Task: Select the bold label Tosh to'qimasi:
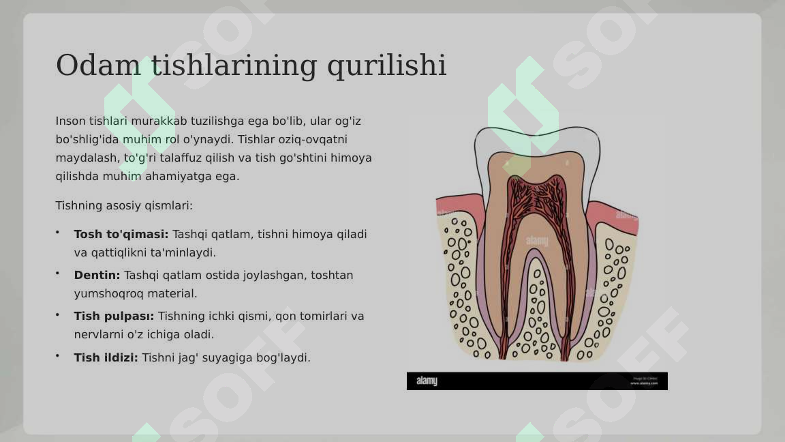click(121, 234)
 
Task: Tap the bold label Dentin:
click(97, 275)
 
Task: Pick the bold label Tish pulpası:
click(114, 316)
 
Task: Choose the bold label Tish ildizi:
click(106, 357)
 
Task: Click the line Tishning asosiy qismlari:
click(124, 205)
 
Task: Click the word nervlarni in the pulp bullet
click(99, 334)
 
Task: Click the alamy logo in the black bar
click(427, 381)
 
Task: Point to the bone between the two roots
click(536, 307)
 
